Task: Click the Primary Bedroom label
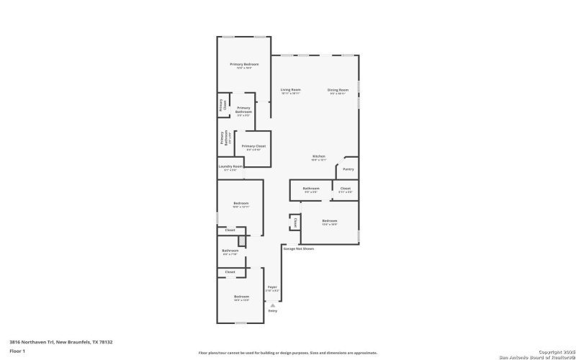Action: point(244,65)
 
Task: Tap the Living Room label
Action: point(290,90)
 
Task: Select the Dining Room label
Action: point(338,90)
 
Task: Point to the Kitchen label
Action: point(318,156)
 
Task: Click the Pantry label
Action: point(348,169)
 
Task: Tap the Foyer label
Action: point(272,287)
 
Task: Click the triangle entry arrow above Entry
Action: point(272,305)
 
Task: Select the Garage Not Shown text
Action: point(298,248)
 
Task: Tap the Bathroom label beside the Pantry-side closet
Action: point(311,189)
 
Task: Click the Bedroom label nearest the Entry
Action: point(240,297)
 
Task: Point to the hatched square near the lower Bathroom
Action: point(243,240)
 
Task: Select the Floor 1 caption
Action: point(17,351)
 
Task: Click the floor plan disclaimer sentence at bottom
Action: point(288,353)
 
